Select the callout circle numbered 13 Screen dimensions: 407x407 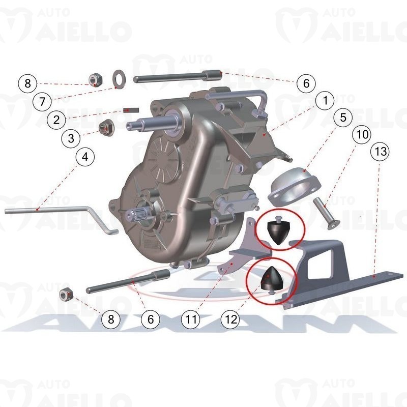[381, 151]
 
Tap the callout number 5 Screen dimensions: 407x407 [343, 117]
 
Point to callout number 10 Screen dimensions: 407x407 [362, 135]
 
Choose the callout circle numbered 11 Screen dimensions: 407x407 [191, 319]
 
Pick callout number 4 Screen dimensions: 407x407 [85, 157]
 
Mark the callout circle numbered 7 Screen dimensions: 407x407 [42, 101]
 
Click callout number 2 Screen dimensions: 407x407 [56, 120]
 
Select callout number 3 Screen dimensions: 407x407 [71, 138]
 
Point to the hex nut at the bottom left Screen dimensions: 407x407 [66, 295]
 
